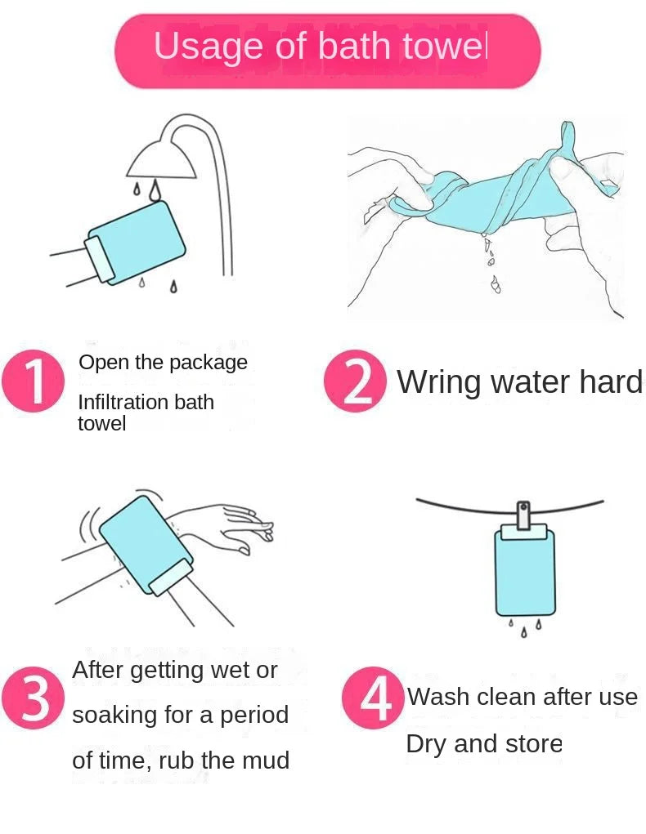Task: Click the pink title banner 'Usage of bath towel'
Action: pos(327,49)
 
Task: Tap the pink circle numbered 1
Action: pos(33,381)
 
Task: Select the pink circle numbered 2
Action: pos(355,381)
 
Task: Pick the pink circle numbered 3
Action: pos(33,699)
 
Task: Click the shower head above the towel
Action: pos(161,159)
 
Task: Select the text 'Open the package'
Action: pos(163,362)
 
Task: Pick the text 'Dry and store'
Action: pos(484,744)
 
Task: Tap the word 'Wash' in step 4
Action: pos(438,697)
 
